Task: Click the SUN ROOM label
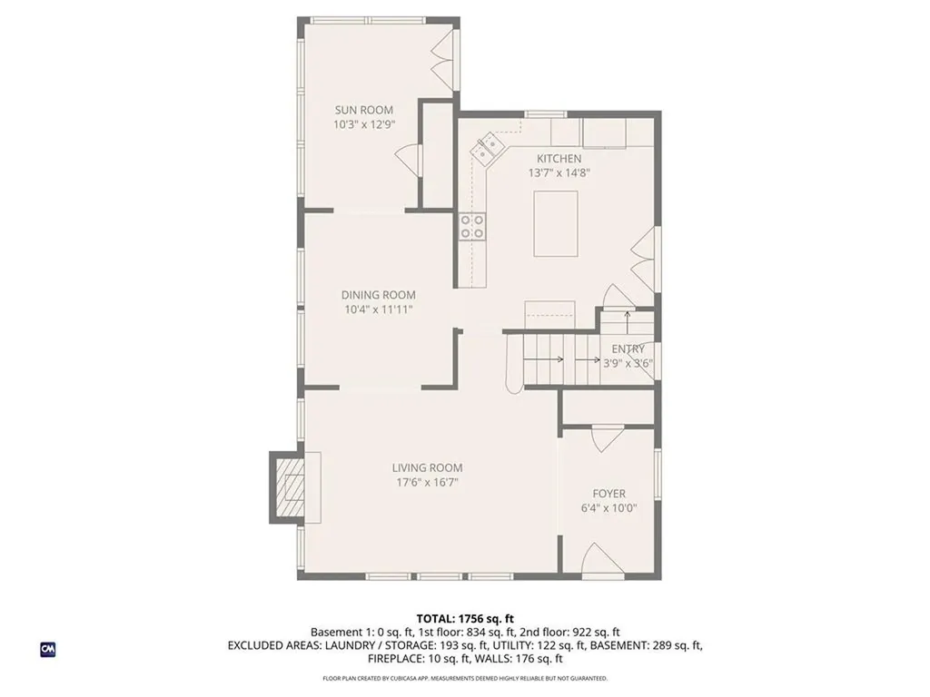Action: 363,110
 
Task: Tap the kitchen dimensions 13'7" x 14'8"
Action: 559,172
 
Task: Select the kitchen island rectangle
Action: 555,223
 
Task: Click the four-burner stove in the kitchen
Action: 471,227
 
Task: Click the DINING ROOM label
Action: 378,295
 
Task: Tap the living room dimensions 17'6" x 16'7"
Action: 427,483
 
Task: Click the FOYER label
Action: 608,494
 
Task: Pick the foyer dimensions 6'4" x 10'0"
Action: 608,508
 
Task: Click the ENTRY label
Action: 628,349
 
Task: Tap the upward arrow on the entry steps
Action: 628,317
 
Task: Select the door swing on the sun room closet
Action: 408,161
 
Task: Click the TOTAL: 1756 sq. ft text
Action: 465,619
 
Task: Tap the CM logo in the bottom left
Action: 47,649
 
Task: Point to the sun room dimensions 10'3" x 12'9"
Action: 363,124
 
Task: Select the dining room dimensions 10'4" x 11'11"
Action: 378,309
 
